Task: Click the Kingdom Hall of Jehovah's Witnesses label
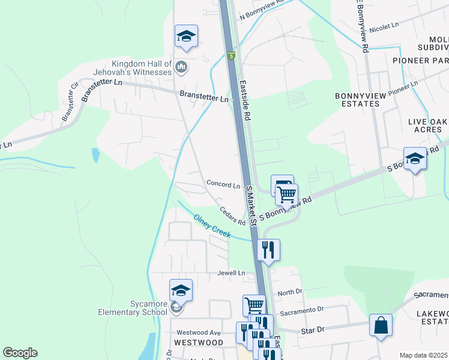(142, 68)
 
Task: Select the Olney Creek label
(212, 227)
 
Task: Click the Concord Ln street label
(223, 185)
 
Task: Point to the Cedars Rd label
(233, 217)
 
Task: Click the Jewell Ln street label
(232, 273)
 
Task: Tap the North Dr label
(291, 292)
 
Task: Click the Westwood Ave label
(199, 332)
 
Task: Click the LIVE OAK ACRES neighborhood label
(428, 125)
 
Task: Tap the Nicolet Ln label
(384, 27)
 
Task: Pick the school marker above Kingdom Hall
(186, 36)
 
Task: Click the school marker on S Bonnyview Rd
(415, 159)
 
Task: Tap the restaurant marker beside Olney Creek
(268, 249)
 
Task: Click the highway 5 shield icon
(231, 56)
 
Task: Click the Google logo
(20, 353)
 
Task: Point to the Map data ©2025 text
(423, 355)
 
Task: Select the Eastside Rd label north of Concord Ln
(245, 101)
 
